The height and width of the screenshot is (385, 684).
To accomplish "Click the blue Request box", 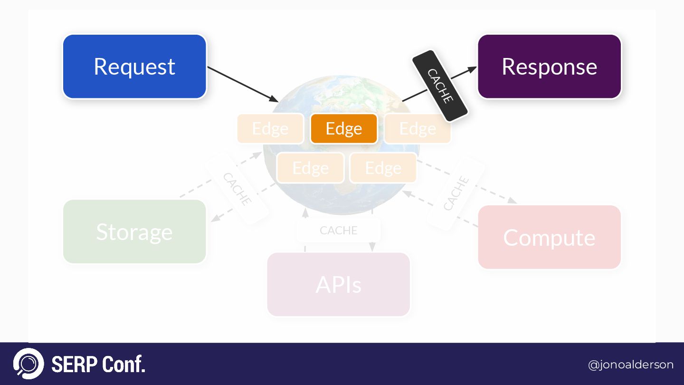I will click(x=134, y=67).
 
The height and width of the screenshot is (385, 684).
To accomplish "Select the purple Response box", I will click(x=549, y=67).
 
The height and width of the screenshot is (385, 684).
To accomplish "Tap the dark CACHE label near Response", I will click(x=440, y=86).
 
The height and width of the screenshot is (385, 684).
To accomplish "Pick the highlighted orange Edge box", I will click(x=343, y=128).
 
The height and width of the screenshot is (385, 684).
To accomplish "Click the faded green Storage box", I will click(x=134, y=231).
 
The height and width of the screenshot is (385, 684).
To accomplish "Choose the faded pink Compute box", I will click(x=549, y=237).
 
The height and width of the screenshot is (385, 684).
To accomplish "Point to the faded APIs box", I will click(x=338, y=284).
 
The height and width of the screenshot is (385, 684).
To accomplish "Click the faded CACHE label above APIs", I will click(x=338, y=231).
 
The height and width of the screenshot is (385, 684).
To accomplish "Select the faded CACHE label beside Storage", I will click(x=237, y=189).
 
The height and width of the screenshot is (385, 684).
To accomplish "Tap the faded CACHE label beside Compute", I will click(x=456, y=192).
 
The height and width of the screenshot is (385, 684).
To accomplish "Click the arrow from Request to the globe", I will click(x=242, y=84).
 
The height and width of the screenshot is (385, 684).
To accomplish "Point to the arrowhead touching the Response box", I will click(x=472, y=69).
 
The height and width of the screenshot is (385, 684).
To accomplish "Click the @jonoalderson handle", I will click(x=630, y=365).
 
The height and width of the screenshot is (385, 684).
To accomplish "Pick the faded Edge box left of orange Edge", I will click(x=270, y=128).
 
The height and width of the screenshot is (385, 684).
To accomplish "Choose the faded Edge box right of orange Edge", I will click(x=417, y=128).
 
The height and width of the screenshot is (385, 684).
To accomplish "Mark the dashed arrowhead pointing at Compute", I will click(x=513, y=201).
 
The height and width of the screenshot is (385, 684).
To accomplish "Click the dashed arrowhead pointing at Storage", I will click(x=215, y=219).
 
